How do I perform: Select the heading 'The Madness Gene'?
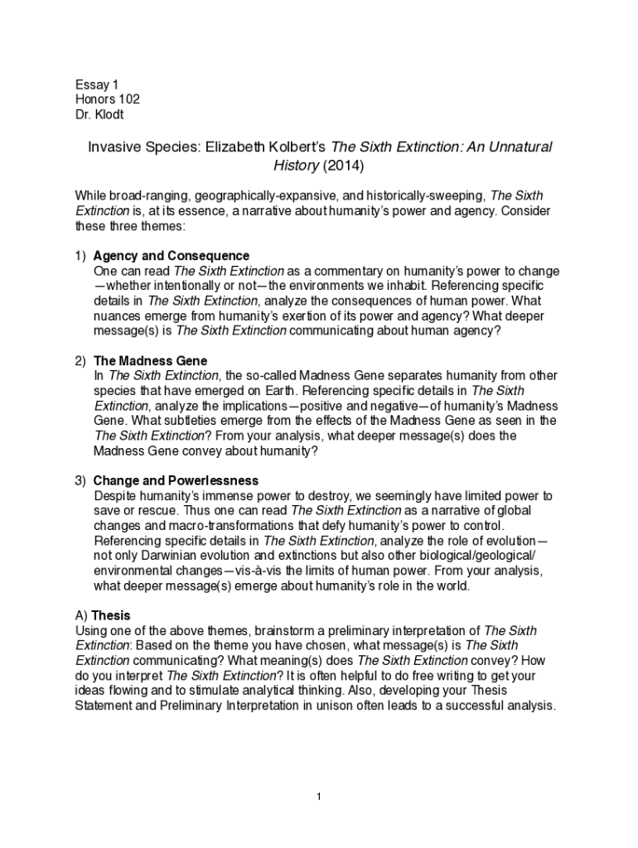[150, 361]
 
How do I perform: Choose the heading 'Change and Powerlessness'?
[176, 480]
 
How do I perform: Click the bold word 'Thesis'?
[110, 615]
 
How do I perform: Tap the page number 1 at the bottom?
[318, 797]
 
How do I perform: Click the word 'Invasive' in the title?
[114, 147]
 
